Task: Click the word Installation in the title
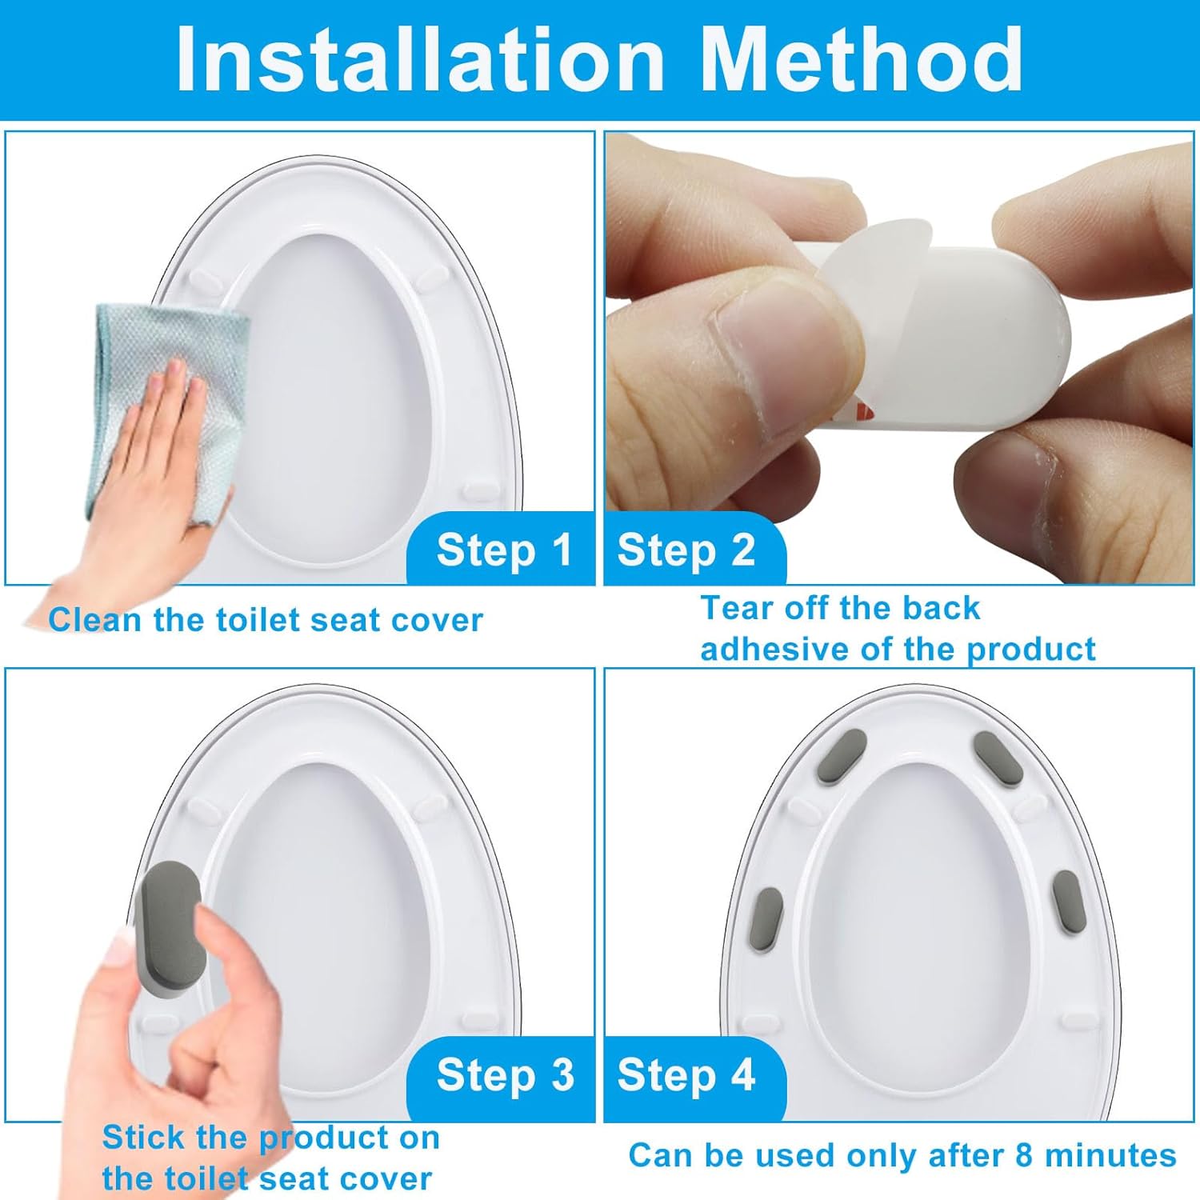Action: click(421, 60)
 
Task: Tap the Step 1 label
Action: click(504, 550)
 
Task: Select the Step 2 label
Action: click(686, 550)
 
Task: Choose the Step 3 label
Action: click(505, 1074)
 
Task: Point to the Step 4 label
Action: click(686, 1074)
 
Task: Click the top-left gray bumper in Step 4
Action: click(838, 756)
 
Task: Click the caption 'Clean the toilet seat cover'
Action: click(266, 621)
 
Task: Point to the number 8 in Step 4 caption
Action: click(1025, 1156)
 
